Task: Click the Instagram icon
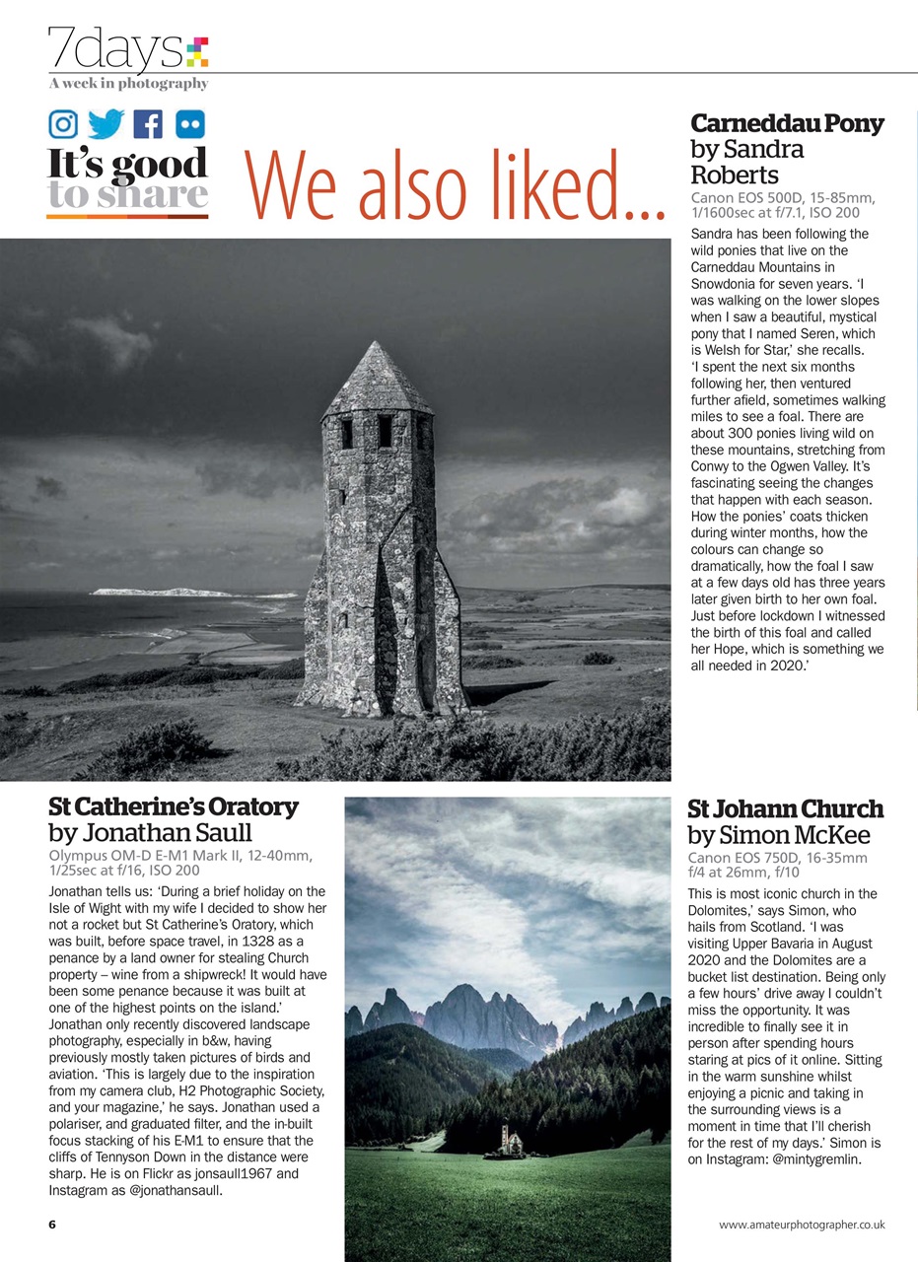63,123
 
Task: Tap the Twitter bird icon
106,123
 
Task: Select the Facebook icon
149,123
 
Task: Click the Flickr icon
190,123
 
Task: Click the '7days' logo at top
126,49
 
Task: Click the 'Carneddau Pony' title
787,123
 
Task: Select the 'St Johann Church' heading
785,809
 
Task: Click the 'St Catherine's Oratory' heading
173,806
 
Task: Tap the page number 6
52,1225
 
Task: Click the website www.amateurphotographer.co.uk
802,1225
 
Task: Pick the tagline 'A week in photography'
127,84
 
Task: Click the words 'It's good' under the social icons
127,164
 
